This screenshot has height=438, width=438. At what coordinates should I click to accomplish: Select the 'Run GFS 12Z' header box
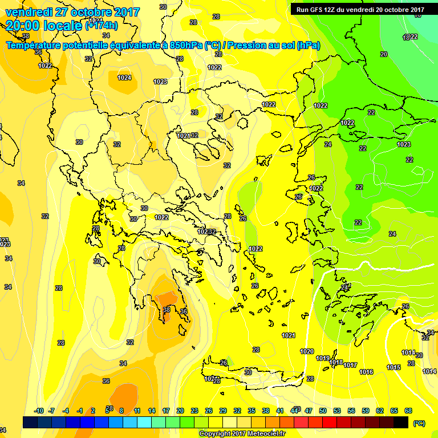coord(360,10)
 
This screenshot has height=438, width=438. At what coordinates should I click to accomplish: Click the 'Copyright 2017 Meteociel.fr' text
coord(242,434)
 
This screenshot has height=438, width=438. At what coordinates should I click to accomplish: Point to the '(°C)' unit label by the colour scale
coord(418,424)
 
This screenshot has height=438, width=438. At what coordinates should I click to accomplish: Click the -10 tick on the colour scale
coord(39,411)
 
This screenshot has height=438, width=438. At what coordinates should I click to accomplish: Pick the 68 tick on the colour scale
coord(408,411)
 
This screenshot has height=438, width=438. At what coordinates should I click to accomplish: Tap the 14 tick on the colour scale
coord(152,411)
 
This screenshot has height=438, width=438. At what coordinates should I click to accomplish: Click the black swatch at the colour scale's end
coord(401,423)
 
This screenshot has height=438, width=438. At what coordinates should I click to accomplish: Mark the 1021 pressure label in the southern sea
coord(289,335)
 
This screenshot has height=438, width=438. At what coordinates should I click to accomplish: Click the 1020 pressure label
coord(307,351)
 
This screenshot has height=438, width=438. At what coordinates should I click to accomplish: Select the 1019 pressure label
coord(323,359)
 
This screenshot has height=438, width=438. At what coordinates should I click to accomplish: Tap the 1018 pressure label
coord(336,363)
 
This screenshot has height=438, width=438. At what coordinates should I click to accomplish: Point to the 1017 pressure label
coord(350,366)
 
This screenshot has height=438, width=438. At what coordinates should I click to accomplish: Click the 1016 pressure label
coord(366,372)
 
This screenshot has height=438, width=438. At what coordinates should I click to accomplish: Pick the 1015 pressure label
coord(393,368)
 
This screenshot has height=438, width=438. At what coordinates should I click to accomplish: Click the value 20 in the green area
coord(384,54)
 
